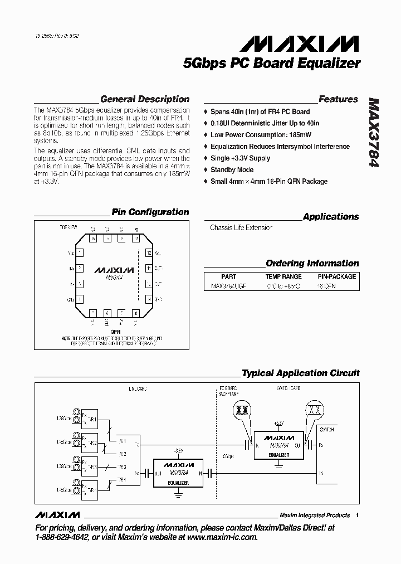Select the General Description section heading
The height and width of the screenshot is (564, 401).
pos(144,99)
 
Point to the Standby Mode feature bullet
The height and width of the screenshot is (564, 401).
pos(232,170)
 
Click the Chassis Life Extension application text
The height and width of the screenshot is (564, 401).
pos(241,228)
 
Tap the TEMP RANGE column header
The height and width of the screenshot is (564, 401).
pos(283,276)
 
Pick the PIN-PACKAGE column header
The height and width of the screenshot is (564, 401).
pos(336,276)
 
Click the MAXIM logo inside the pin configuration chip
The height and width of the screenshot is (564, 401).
pos(114,270)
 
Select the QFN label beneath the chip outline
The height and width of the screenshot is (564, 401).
pos(115,331)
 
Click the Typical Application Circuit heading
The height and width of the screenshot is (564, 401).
pos(300,373)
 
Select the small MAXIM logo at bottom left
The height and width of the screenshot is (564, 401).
pos(57,514)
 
